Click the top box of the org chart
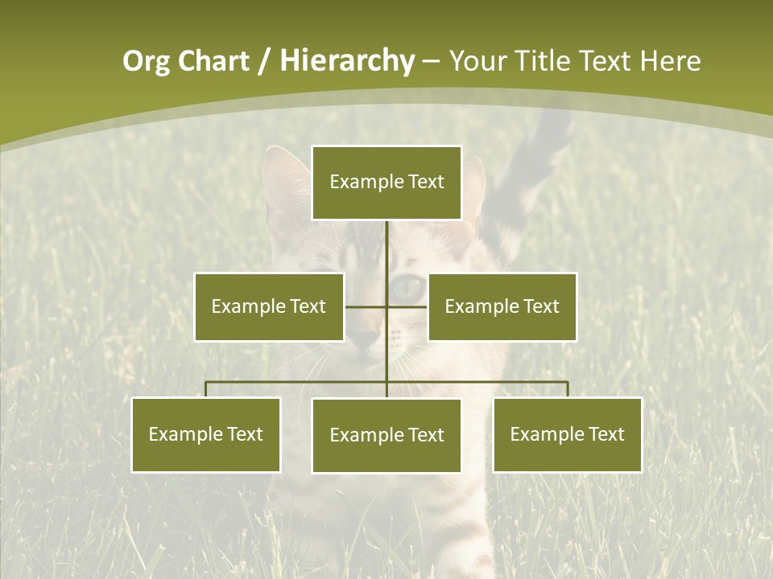click(386, 183)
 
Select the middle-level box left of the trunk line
click(269, 306)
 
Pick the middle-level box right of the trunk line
click(502, 306)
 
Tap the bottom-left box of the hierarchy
click(206, 434)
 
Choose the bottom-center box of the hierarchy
click(386, 435)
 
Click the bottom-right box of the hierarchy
click(567, 434)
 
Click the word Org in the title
click(146, 61)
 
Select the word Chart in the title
click(213, 61)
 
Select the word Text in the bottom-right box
click(606, 434)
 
